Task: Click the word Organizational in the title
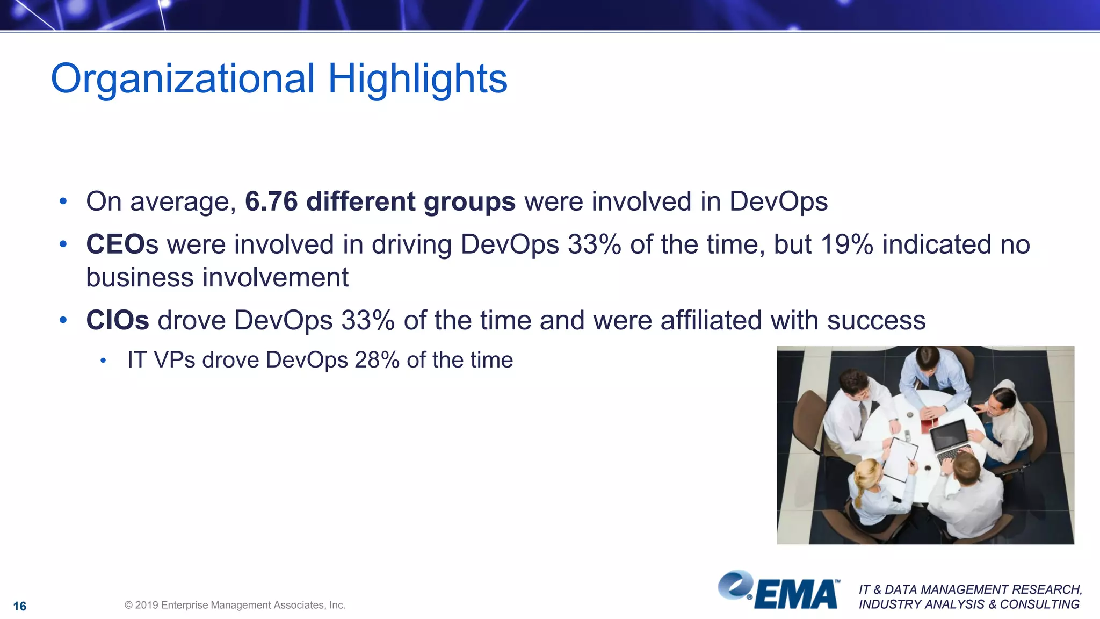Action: point(183,79)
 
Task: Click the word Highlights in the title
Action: point(417,79)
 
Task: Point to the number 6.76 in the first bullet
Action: point(271,201)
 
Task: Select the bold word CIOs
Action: point(117,320)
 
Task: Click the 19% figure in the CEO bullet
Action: point(846,244)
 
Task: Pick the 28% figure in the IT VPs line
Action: point(377,360)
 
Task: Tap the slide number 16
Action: point(20,606)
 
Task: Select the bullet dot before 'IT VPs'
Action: point(103,361)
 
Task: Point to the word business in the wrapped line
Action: point(140,278)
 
